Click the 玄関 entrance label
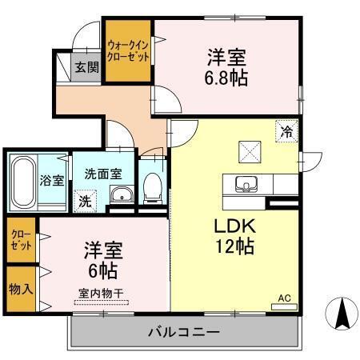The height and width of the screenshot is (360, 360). point(86,67)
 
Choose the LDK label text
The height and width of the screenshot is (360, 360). point(233,226)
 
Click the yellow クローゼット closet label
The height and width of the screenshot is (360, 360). point(21,239)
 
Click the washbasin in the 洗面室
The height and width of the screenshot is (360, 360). point(122,195)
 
